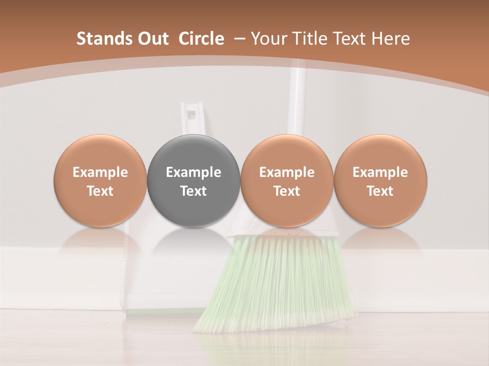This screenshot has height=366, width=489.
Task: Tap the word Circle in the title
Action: click(x=201, y=39)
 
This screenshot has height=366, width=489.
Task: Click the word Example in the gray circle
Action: click(x=194, y=172)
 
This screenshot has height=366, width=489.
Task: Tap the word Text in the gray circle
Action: click(x=194, y=191)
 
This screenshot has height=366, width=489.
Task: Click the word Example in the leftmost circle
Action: click(x=100, y=172)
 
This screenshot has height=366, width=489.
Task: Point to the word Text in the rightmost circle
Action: click(x=380, y=191)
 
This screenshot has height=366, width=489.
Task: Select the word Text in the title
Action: click(x=351, y=39)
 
